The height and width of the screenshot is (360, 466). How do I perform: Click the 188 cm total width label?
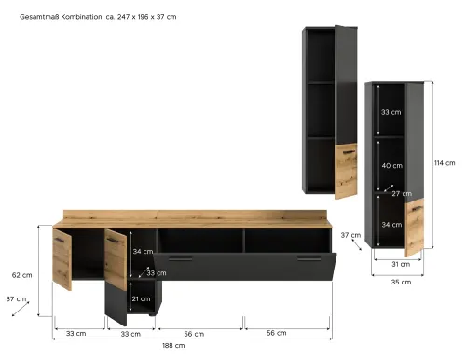click(x=173, y=345)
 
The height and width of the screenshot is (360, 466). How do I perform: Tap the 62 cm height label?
click(x=21, y=275)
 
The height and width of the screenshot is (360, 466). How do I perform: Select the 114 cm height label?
click(x=445, y=163)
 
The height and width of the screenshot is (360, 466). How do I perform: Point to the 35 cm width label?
click(x=401, y=282)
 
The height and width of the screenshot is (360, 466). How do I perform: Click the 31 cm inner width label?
click(x=401, y=264)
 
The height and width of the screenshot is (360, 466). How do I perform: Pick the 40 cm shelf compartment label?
click(x=392, y=166)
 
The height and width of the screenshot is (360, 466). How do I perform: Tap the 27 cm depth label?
click(x=402, y=194)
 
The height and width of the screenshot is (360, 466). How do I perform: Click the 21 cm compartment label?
click(x=141, y=298)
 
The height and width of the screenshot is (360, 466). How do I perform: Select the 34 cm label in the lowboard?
click(x=143, y=251)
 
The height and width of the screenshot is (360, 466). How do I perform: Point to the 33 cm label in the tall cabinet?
click(x=391, y=112)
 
